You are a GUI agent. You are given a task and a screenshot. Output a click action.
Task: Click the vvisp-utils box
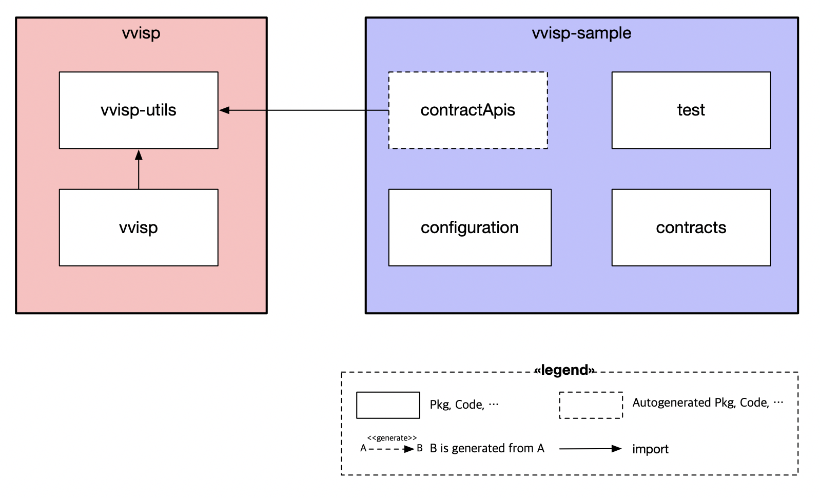coord(139,110)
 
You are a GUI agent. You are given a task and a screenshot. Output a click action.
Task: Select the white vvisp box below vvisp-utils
coord(139,227)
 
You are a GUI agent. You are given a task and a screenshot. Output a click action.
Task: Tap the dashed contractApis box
coord(467,110)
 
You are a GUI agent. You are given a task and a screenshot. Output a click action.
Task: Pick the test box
coord(691,110)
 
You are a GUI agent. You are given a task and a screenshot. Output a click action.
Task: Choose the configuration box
coord(470,227)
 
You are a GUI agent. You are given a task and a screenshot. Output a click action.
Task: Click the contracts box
coord(691,227)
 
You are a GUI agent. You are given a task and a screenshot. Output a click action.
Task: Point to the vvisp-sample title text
coord(581,33)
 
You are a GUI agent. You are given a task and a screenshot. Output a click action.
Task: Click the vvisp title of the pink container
coord(141,33)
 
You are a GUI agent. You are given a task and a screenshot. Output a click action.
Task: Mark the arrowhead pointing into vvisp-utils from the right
coord(224,110)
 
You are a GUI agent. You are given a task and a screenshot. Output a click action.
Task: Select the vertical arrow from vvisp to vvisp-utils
coord(139,172)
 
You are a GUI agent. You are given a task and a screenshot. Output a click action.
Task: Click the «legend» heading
coord(564,370)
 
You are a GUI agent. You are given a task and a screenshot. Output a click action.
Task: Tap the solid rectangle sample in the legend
coord(388,405)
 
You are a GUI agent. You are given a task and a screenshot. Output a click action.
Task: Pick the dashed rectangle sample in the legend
coord(591,405)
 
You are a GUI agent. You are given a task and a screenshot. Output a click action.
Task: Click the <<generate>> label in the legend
coord(392,438)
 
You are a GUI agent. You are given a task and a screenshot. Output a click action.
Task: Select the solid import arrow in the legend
coord(590,449)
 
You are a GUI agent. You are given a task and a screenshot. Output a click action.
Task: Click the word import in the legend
coord(650,449)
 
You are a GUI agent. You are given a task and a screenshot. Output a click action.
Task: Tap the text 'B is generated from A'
coord(486,448)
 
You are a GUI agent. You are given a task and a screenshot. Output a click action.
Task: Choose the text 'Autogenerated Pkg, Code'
coord(701,403)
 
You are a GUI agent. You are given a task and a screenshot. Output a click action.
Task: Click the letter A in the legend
coord(363,448)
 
